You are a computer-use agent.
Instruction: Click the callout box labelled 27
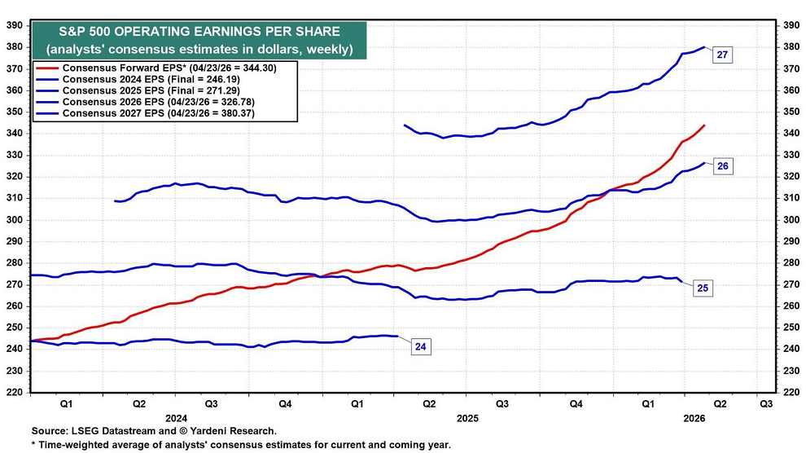point(721,55)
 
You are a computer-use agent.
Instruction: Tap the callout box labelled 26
point(721,166)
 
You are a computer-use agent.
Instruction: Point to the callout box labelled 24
point(420,346)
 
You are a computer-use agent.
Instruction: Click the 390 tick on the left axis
point(14,25)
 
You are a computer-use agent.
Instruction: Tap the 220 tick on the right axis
point(791,392)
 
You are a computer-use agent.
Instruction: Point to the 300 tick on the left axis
point(14,220)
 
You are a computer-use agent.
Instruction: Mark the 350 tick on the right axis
point(791,112)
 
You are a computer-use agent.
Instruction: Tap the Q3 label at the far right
point(765,402)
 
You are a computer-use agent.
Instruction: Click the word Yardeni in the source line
point(202,430)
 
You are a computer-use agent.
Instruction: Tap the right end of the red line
point(704,125)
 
